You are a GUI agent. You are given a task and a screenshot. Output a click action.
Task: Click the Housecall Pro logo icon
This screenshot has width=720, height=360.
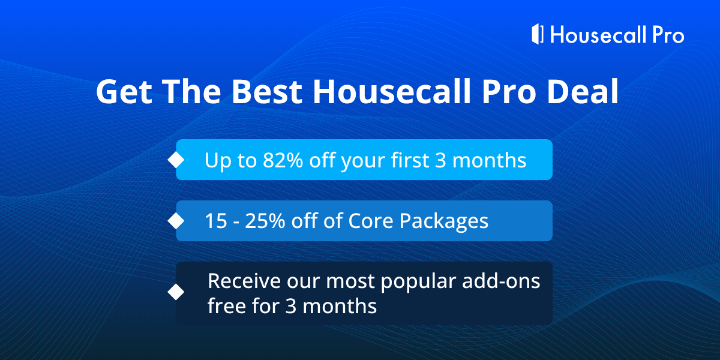pyautogui.click(x=538, y=34)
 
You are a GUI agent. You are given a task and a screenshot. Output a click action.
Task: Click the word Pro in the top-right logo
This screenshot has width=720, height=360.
pyautogui.click(x=668, y=35)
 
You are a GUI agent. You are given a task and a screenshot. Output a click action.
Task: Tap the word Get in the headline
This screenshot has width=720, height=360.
pyautogui.click(x=124, y=92)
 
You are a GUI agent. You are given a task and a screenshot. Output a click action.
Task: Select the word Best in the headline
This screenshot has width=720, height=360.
pyautogui.click(x=267, y=92)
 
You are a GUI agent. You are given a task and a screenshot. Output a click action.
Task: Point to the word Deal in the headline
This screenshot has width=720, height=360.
pyautogui.click(x=583, y=91)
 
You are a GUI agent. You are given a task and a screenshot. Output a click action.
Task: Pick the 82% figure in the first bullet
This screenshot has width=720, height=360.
pyautogui.click(x=283, y=160)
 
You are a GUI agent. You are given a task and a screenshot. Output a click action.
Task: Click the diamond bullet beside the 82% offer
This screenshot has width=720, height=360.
pyautogui.click(x=176, y=160)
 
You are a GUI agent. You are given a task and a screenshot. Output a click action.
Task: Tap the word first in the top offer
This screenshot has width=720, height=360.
pyautogui.click(x=410, y=160)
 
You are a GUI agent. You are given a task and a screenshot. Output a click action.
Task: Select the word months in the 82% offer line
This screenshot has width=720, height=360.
pyautogui.click(x=489, y=160)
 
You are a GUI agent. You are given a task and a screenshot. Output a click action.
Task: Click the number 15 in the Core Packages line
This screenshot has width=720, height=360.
pyautogui.click(x=216, y=221)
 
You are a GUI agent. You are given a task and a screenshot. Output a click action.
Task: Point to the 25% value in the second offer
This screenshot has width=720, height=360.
pyautogui.click(x=265, y=221)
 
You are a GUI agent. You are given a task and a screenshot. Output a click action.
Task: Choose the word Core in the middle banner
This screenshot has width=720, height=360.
pyautogui.click(x=371, y=221)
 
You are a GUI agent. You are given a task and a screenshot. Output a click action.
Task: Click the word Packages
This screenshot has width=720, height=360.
pyautogui.click(x=444, y=222)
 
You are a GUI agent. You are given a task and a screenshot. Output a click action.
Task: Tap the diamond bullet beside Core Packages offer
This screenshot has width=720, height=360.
pyautogui.click(x=176, y=221)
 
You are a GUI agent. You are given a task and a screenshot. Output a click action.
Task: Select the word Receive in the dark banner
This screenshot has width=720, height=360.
pyautogui.click(x=244, y=281)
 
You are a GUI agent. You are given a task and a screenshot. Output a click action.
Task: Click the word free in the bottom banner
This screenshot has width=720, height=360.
pyautogui.click(x=227, y=305)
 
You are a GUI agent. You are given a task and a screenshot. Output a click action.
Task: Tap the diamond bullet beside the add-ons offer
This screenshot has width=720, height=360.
pyautogui.click(x=176, y=292)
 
